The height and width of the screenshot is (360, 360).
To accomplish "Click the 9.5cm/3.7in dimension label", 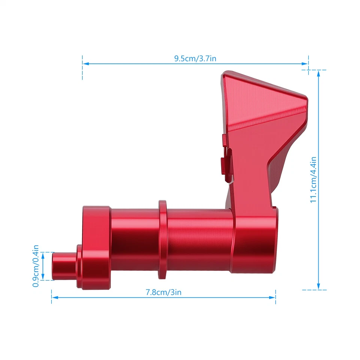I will tap(195, 58).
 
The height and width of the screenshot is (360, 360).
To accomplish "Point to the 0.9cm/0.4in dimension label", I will tap(36, 266).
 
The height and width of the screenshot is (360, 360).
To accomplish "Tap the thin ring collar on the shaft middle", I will tap(162, 240).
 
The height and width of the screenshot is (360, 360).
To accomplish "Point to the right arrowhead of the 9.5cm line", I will tap(306, 64).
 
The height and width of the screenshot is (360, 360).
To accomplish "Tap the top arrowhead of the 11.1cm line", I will tap(318, 73).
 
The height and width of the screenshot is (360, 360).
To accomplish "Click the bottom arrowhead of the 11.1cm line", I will tap(318, 286).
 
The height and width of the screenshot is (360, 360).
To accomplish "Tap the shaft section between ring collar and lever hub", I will tap(199, 240).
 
